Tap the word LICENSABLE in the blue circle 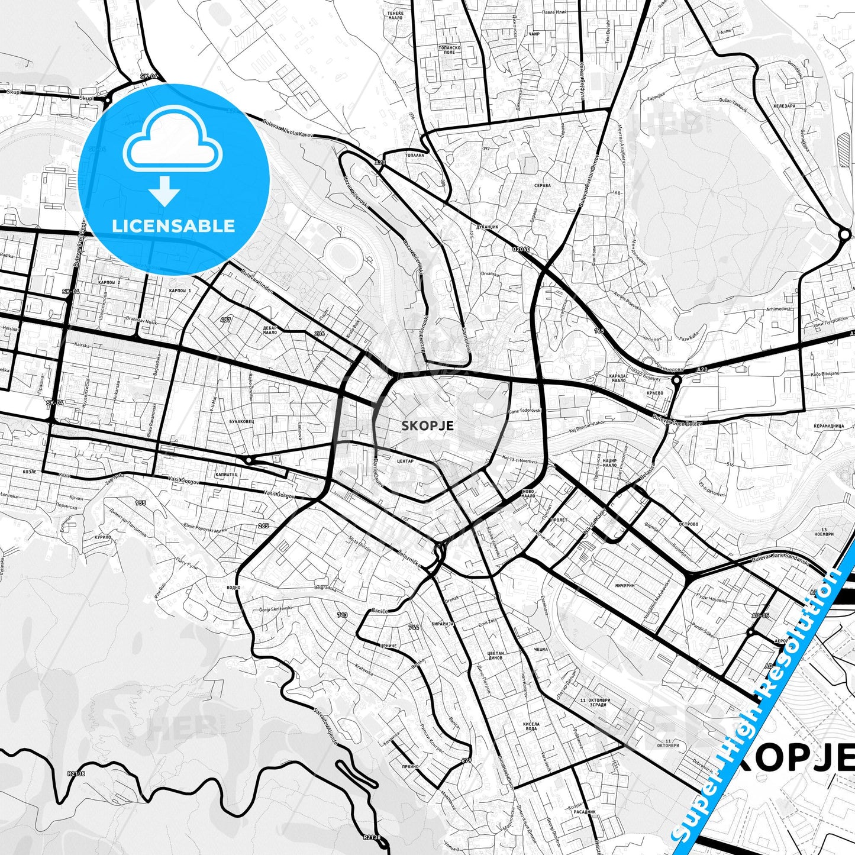(173, 225)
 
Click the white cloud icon (173, 141)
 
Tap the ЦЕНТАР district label (405, 461)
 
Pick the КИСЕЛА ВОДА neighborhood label (531, 726)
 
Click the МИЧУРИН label (625, 585)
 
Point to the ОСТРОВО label (689, 524)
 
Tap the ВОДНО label (233, 588)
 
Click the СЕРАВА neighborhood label (542, 185)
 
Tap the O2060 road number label (521, 249)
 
